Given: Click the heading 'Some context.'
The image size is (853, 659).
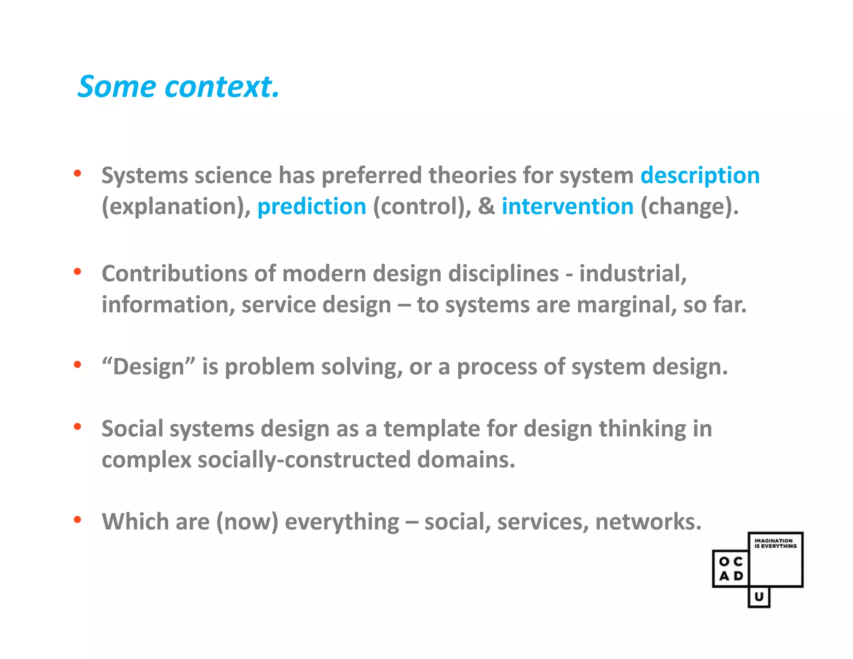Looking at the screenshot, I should (178, 87).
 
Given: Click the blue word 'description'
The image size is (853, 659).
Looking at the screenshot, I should (700, 175).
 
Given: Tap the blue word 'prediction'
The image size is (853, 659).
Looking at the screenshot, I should (312, 207).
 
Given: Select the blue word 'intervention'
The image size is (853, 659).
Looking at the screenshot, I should (567, 207).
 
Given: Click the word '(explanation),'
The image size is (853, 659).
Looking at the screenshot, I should (176, 207).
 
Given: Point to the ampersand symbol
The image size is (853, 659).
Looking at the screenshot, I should (486, 207).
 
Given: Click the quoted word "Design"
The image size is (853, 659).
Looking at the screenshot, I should (149, 367).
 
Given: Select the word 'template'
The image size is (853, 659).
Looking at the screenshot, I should (432, 429).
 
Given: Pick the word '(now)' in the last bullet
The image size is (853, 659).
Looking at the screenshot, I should (247, 522).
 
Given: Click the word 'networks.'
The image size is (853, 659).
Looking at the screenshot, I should (648, 522).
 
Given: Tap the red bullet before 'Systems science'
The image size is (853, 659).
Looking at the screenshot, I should (77, 173).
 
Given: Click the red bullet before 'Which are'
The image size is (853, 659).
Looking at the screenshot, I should (77, 519).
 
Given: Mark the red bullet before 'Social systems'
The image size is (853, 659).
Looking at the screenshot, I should (77, 427).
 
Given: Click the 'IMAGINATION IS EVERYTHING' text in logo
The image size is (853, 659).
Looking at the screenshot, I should (775, 543).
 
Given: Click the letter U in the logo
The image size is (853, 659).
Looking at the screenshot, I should (759, 597).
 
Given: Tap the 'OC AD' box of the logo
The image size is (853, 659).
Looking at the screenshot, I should (731, 569).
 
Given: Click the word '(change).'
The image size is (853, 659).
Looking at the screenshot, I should (689, 207).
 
